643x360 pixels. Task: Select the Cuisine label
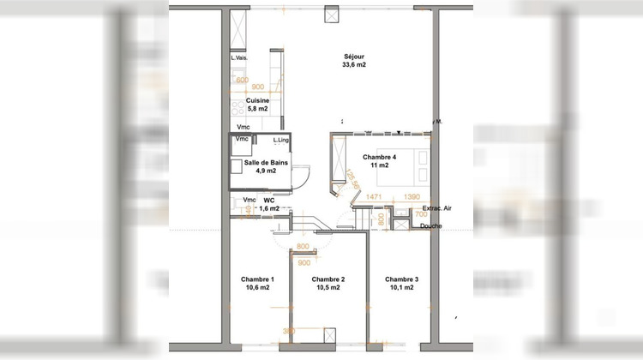pos(246,100)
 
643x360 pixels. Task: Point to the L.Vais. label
pos(239,57)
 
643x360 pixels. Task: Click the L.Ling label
pos(279,140)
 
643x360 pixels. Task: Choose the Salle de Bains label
pos(266,163)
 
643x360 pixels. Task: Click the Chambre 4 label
pos(379,157)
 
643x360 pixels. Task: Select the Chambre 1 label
pos(256,280)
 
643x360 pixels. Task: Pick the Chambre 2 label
pos(328,280)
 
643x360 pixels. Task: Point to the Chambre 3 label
pos(401,280)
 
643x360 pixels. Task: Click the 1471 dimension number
pos(373,197)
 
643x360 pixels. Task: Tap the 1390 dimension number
pos(412,197)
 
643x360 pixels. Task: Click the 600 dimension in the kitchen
pos(243,81)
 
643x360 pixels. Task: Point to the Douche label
pos(431,225)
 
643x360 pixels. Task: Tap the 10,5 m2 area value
pos(328,289)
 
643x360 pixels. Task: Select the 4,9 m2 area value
pos(266,171)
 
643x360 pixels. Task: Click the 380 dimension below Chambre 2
pos(289,331)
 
